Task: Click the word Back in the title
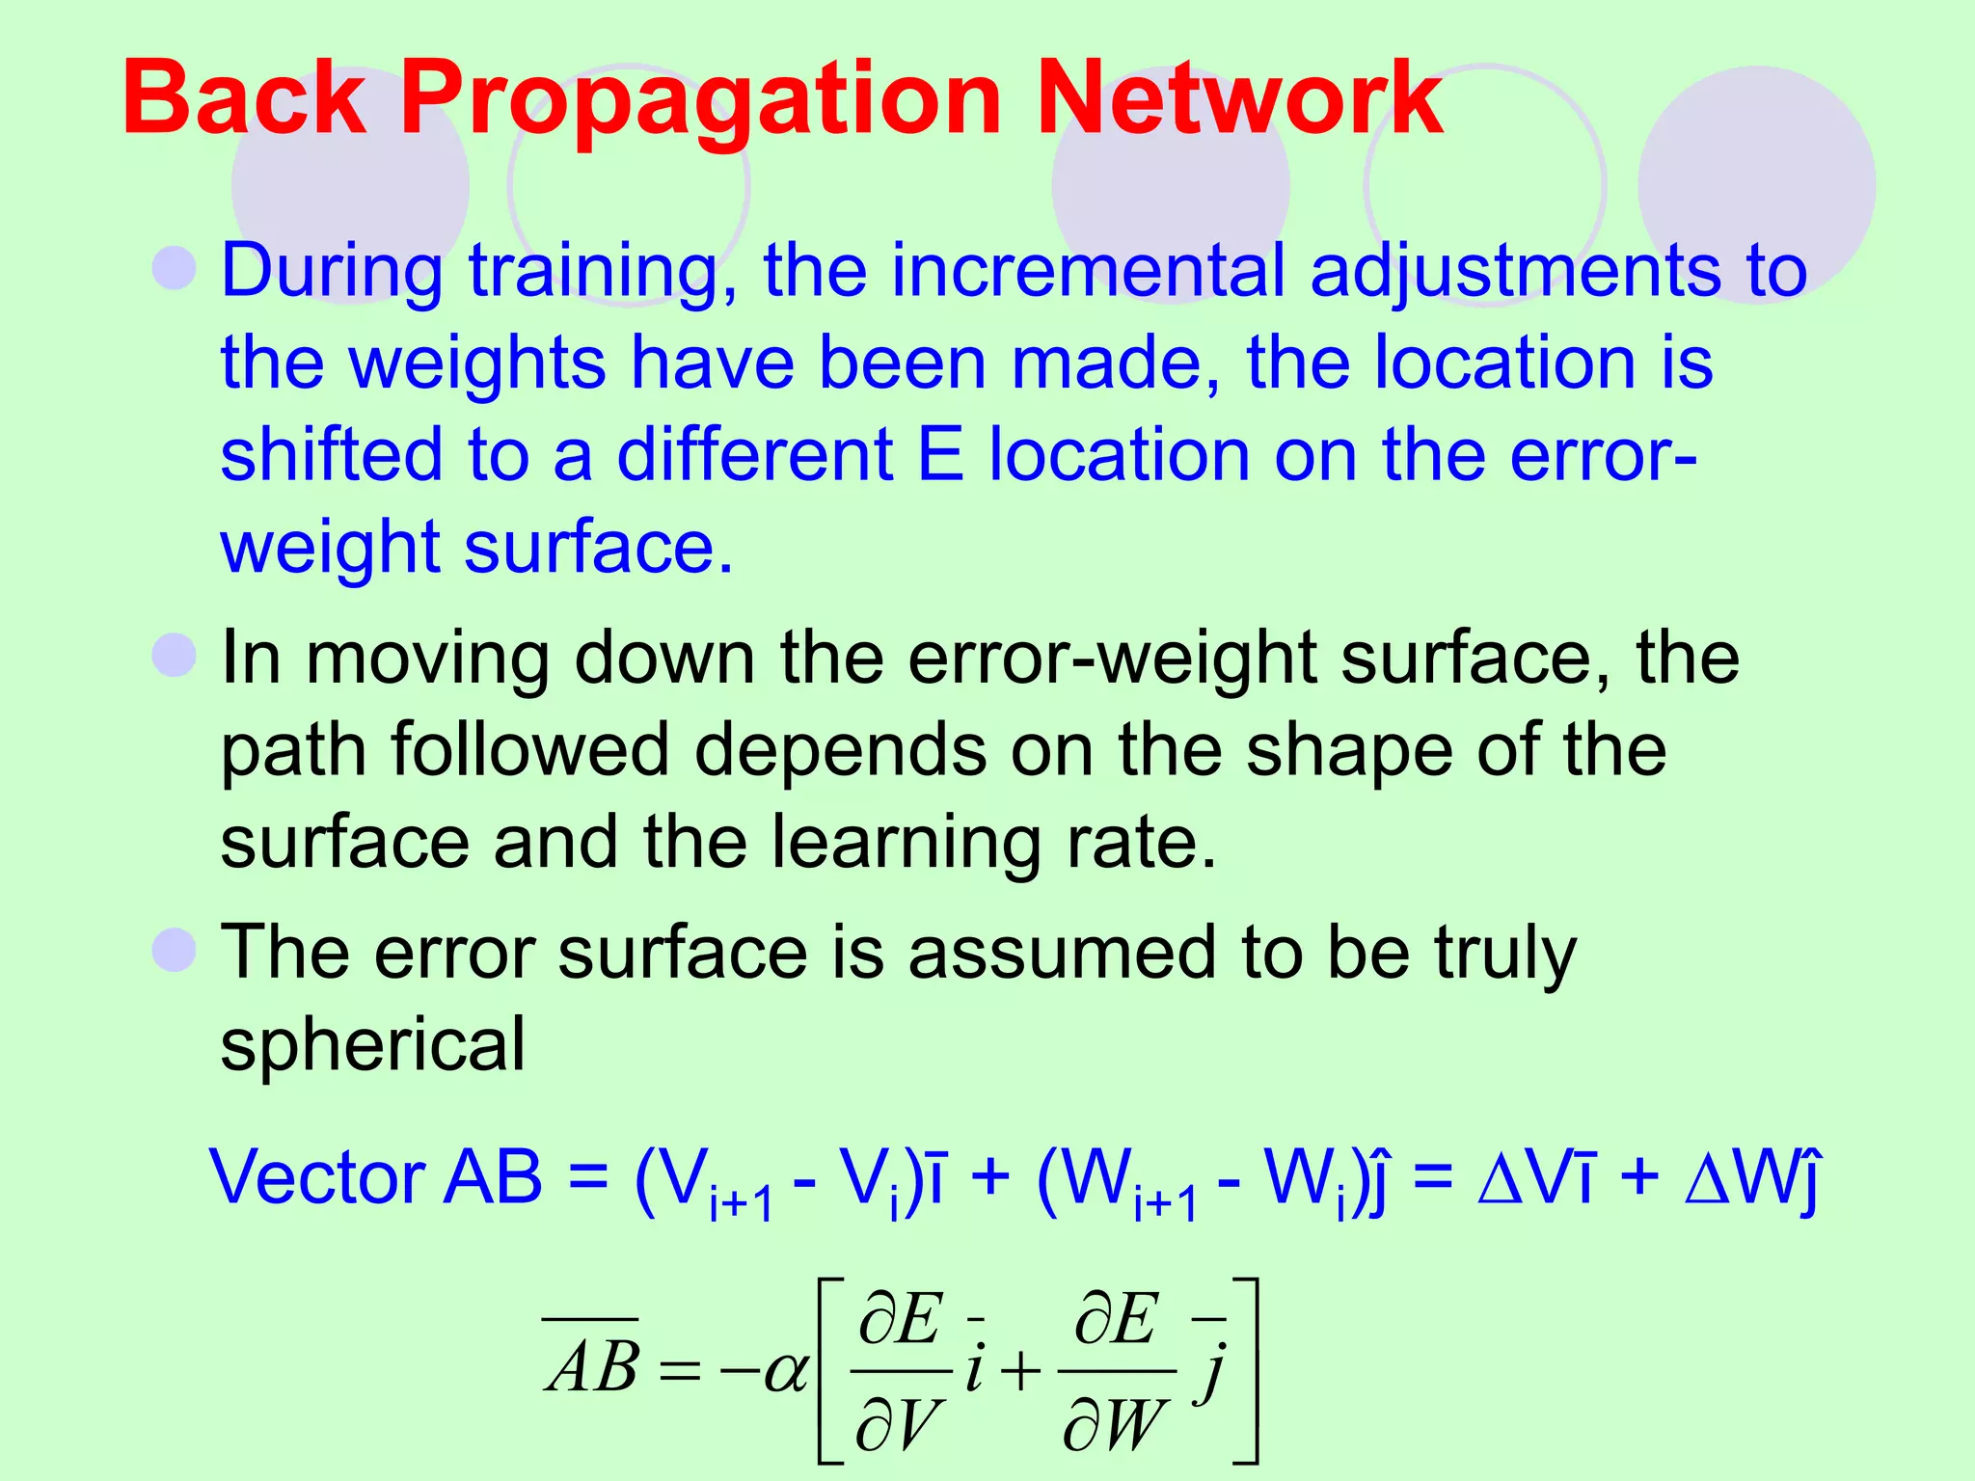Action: pos(244,98)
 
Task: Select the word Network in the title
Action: pos(1238,98)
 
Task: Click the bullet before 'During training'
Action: pos(175,267)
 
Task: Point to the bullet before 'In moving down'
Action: pos(175,656)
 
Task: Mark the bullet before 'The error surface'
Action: pos(175,950)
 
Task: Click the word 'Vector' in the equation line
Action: pos(318,1177)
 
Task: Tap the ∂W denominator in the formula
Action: pos(1116,1424)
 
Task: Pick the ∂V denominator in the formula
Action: pos(897,1424)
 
